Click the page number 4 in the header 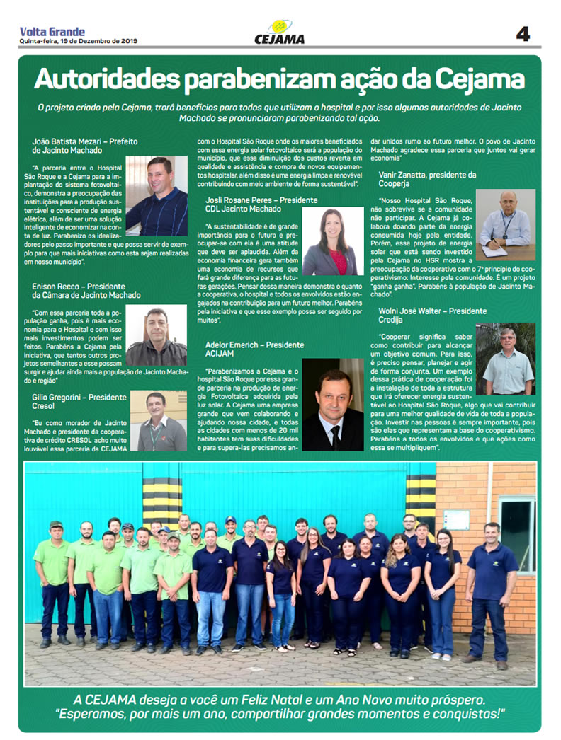coord(523,34)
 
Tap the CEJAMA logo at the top coord(280,33)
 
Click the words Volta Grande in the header coord(52,31)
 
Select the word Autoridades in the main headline coord(106,79)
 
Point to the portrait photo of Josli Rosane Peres coord(333,241)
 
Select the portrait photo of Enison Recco coord(157,335)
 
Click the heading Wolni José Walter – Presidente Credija coord(433,316)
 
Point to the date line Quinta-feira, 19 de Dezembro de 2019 coord(78,42)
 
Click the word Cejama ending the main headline coord(481,79)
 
